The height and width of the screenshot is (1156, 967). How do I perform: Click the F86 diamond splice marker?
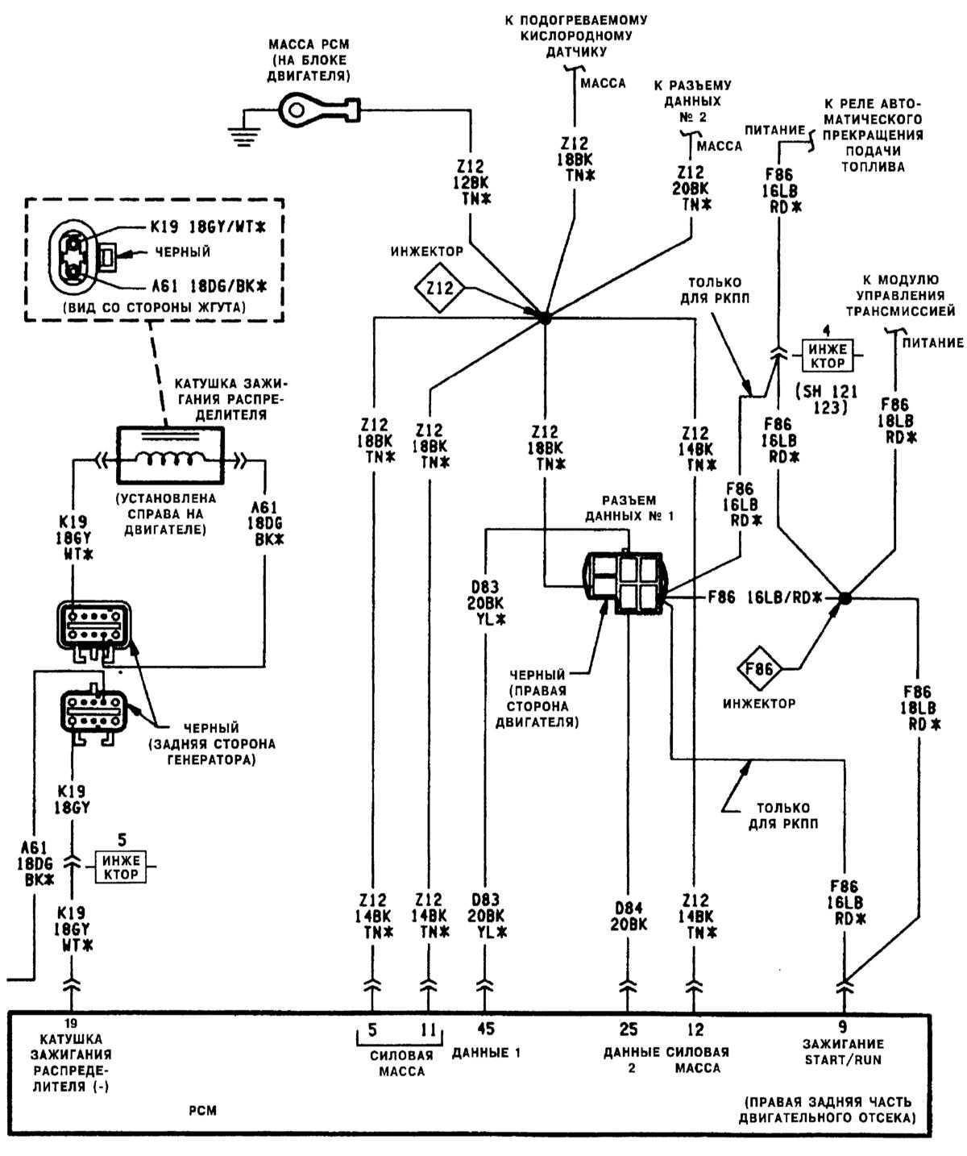tap(759, 669)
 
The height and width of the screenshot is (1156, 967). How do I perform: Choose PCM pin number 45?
tap(485, 1029)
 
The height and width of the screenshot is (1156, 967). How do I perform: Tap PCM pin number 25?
tap(628, 1029)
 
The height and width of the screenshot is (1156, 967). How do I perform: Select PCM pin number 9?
tap(844, 1027)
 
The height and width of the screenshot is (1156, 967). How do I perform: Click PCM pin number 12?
tap(695, 1029)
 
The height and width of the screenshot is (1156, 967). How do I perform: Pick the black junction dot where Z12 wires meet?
tap(544, 318)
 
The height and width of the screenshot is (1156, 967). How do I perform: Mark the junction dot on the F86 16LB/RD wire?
tap(844, 597)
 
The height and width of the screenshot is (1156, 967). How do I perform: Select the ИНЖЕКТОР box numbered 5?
tap(121, 867)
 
